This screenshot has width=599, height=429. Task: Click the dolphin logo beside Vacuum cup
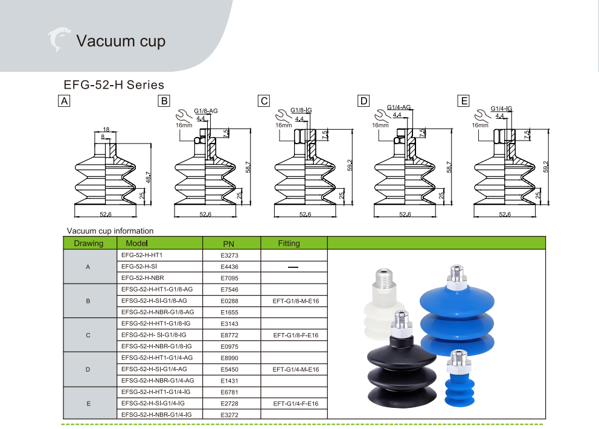59,39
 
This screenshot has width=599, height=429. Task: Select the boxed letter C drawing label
264,101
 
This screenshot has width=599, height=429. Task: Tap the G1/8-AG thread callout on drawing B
205,110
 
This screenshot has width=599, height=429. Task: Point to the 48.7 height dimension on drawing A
148,177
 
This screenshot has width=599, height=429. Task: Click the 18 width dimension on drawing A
106,129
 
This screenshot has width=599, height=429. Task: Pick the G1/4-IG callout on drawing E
501,109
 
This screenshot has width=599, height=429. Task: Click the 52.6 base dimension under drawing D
405,214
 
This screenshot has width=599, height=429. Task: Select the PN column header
228,244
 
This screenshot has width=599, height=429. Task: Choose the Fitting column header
289,243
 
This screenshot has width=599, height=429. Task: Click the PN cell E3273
229,255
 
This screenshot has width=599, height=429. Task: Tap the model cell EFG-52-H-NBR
143,278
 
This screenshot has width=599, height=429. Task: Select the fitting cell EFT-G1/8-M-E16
296,300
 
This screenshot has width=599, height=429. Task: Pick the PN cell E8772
229,335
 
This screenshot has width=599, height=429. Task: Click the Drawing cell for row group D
88,369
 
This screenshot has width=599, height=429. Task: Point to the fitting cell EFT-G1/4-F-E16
296,404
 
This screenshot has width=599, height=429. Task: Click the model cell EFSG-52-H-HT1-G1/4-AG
157,358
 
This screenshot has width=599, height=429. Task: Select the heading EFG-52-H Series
114,84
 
